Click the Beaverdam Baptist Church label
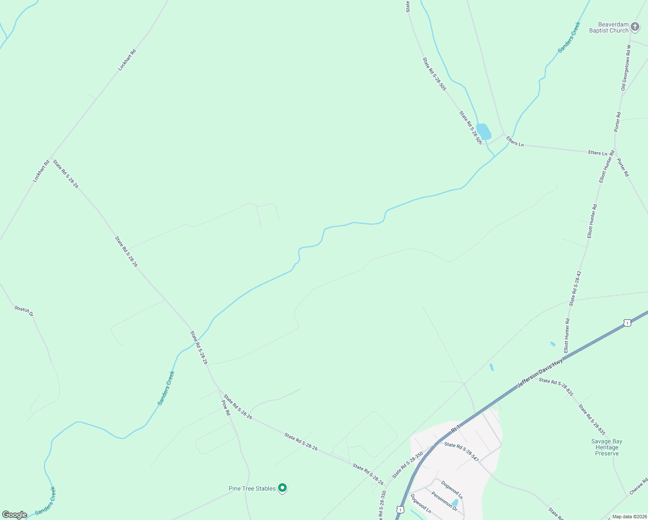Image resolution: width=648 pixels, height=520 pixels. (x=609, y=28)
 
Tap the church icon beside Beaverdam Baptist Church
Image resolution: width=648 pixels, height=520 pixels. (x=635, y=27)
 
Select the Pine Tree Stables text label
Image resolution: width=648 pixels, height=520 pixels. (x=252, y=488)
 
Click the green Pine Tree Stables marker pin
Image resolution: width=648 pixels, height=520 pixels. (x=282, y=488)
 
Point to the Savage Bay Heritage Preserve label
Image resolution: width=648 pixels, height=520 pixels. (x=606, y=448)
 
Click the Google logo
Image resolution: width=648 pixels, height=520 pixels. (x=15, y=515)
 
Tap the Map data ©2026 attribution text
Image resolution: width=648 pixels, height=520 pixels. (x=629, y=517)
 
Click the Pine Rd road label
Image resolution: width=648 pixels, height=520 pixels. (x=226, y=407)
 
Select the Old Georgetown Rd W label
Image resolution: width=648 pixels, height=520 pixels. (x=626, y=68)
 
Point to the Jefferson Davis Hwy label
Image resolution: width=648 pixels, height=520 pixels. (x=540, y=373)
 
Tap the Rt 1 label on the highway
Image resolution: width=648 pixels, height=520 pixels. (x=455, y=429)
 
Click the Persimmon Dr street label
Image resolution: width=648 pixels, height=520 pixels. (x=444, y=500)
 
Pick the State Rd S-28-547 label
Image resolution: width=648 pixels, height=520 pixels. (x=461, y=451)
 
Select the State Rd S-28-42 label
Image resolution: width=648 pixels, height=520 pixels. (x=575, y=289)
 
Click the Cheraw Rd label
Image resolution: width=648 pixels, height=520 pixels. (x=638, y=486)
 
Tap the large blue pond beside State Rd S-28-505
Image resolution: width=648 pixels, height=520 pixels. (x=483, y=131)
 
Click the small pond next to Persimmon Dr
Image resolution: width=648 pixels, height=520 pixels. (x=454, y=504)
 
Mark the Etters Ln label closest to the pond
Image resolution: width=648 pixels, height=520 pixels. (x=515, y=142)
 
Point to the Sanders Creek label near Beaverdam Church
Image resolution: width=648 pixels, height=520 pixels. (x=569, y=37)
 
